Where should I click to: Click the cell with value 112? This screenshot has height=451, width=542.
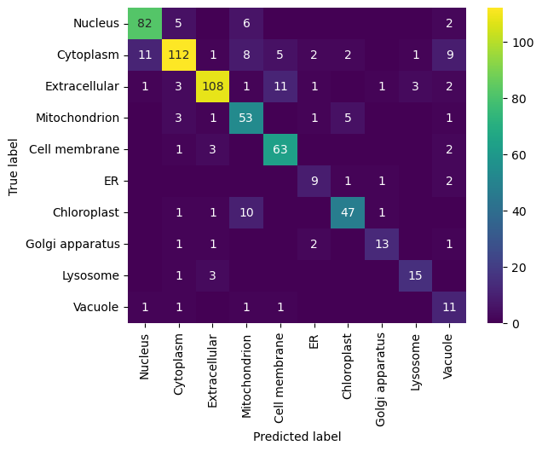pos(179,55)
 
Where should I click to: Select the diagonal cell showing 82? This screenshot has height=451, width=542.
pos(145,23)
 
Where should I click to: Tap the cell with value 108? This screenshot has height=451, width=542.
pos(213,87)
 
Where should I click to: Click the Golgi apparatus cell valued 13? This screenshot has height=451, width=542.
pos(382,245)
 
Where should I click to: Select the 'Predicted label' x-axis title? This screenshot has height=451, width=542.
pos(297,437)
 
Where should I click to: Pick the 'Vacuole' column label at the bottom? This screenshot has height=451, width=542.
pos(449,355)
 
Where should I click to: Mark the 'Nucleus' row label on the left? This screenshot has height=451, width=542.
pos(96,23)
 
